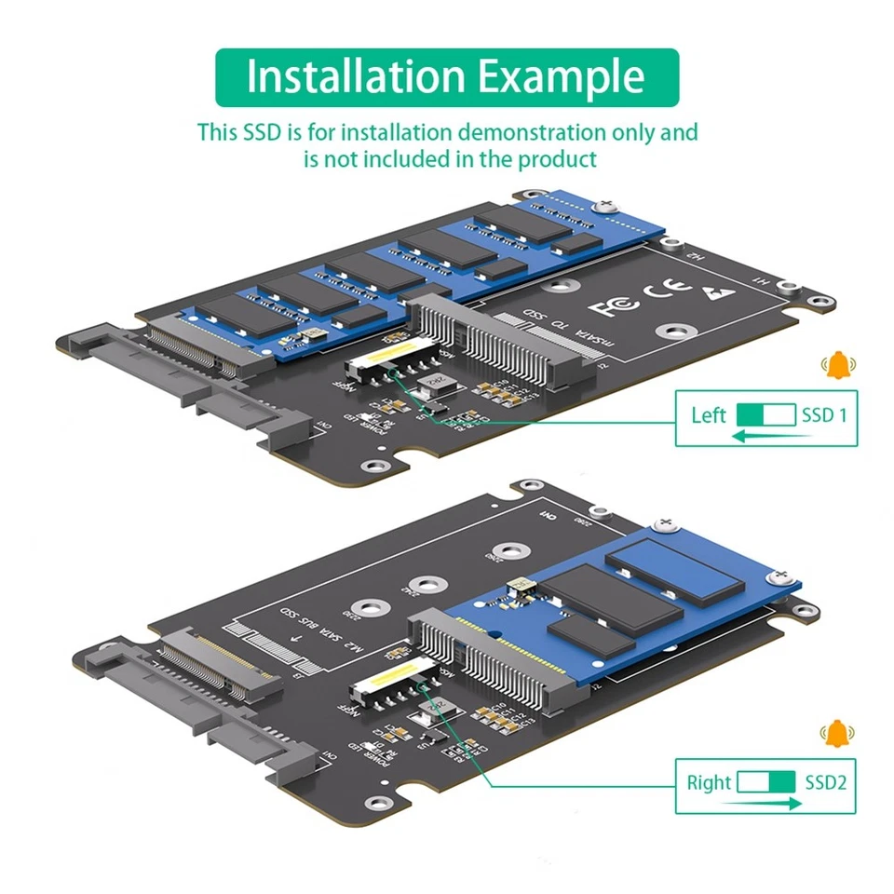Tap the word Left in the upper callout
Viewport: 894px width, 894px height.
[709, 414]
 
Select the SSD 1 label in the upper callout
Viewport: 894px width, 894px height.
[824, 414]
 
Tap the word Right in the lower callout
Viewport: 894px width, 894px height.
[710, 782]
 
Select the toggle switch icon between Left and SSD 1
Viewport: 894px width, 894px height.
[765, 414]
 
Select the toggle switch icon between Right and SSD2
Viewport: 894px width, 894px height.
[765, 782]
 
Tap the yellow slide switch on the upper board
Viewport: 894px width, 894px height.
[381, 359]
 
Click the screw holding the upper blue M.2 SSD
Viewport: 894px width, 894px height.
[609, 203]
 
